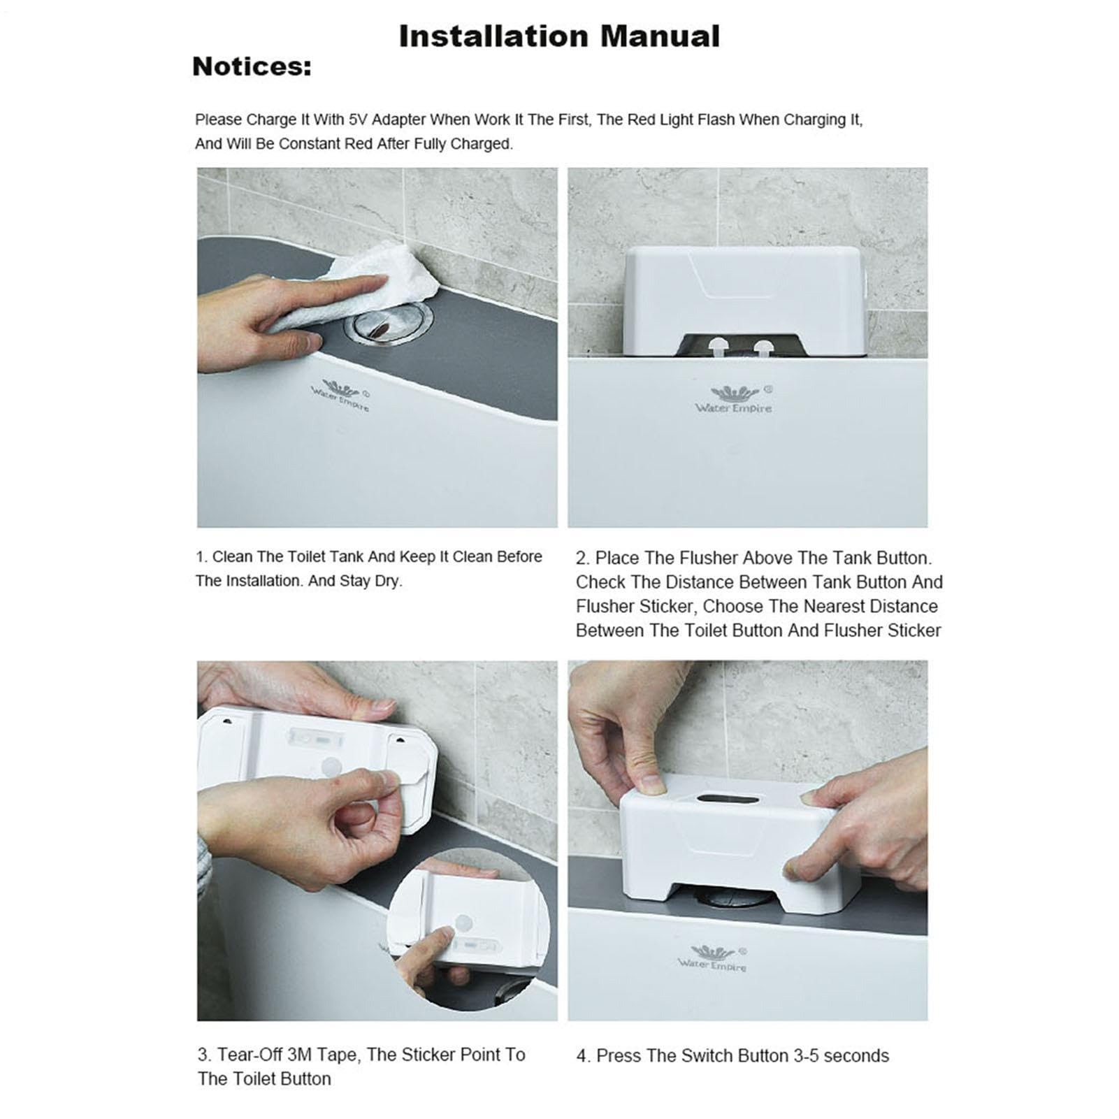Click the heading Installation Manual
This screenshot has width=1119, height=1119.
point(559,36)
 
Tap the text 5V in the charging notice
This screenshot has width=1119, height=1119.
point(357,120)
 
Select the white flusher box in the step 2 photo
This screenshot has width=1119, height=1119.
point(745,303)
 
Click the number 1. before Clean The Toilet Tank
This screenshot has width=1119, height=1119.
point(202,558)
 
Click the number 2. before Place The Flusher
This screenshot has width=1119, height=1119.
point(583,558)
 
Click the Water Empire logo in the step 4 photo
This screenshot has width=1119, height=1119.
point(712,958)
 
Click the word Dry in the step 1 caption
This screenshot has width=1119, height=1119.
point(386,582)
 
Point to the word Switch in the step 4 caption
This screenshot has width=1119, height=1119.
point(677,1055)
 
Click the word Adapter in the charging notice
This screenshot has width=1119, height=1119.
point(398,120)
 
